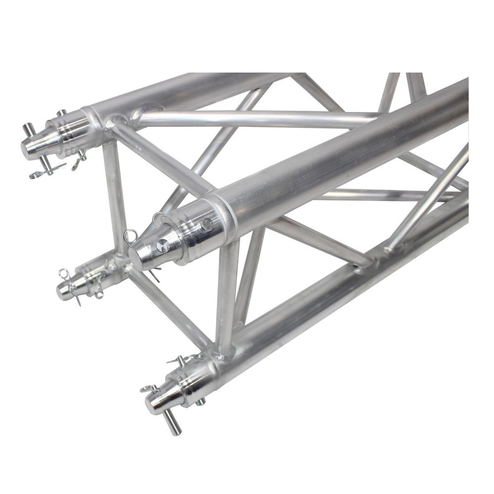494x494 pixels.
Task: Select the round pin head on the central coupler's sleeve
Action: tap(206, 225)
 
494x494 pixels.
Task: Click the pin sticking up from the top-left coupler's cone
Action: tap(28, 130)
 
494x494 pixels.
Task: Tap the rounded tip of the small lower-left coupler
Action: tap(62, 293)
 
